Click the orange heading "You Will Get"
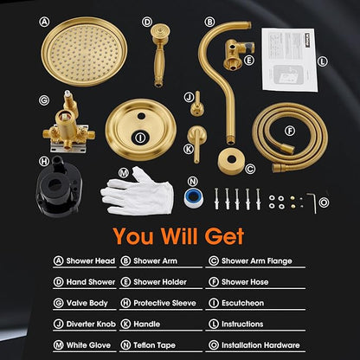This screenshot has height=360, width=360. [x=179, y=235]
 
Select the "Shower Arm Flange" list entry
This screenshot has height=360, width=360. [x=258, y=260]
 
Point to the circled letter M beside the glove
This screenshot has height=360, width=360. [x=123, y=172]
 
